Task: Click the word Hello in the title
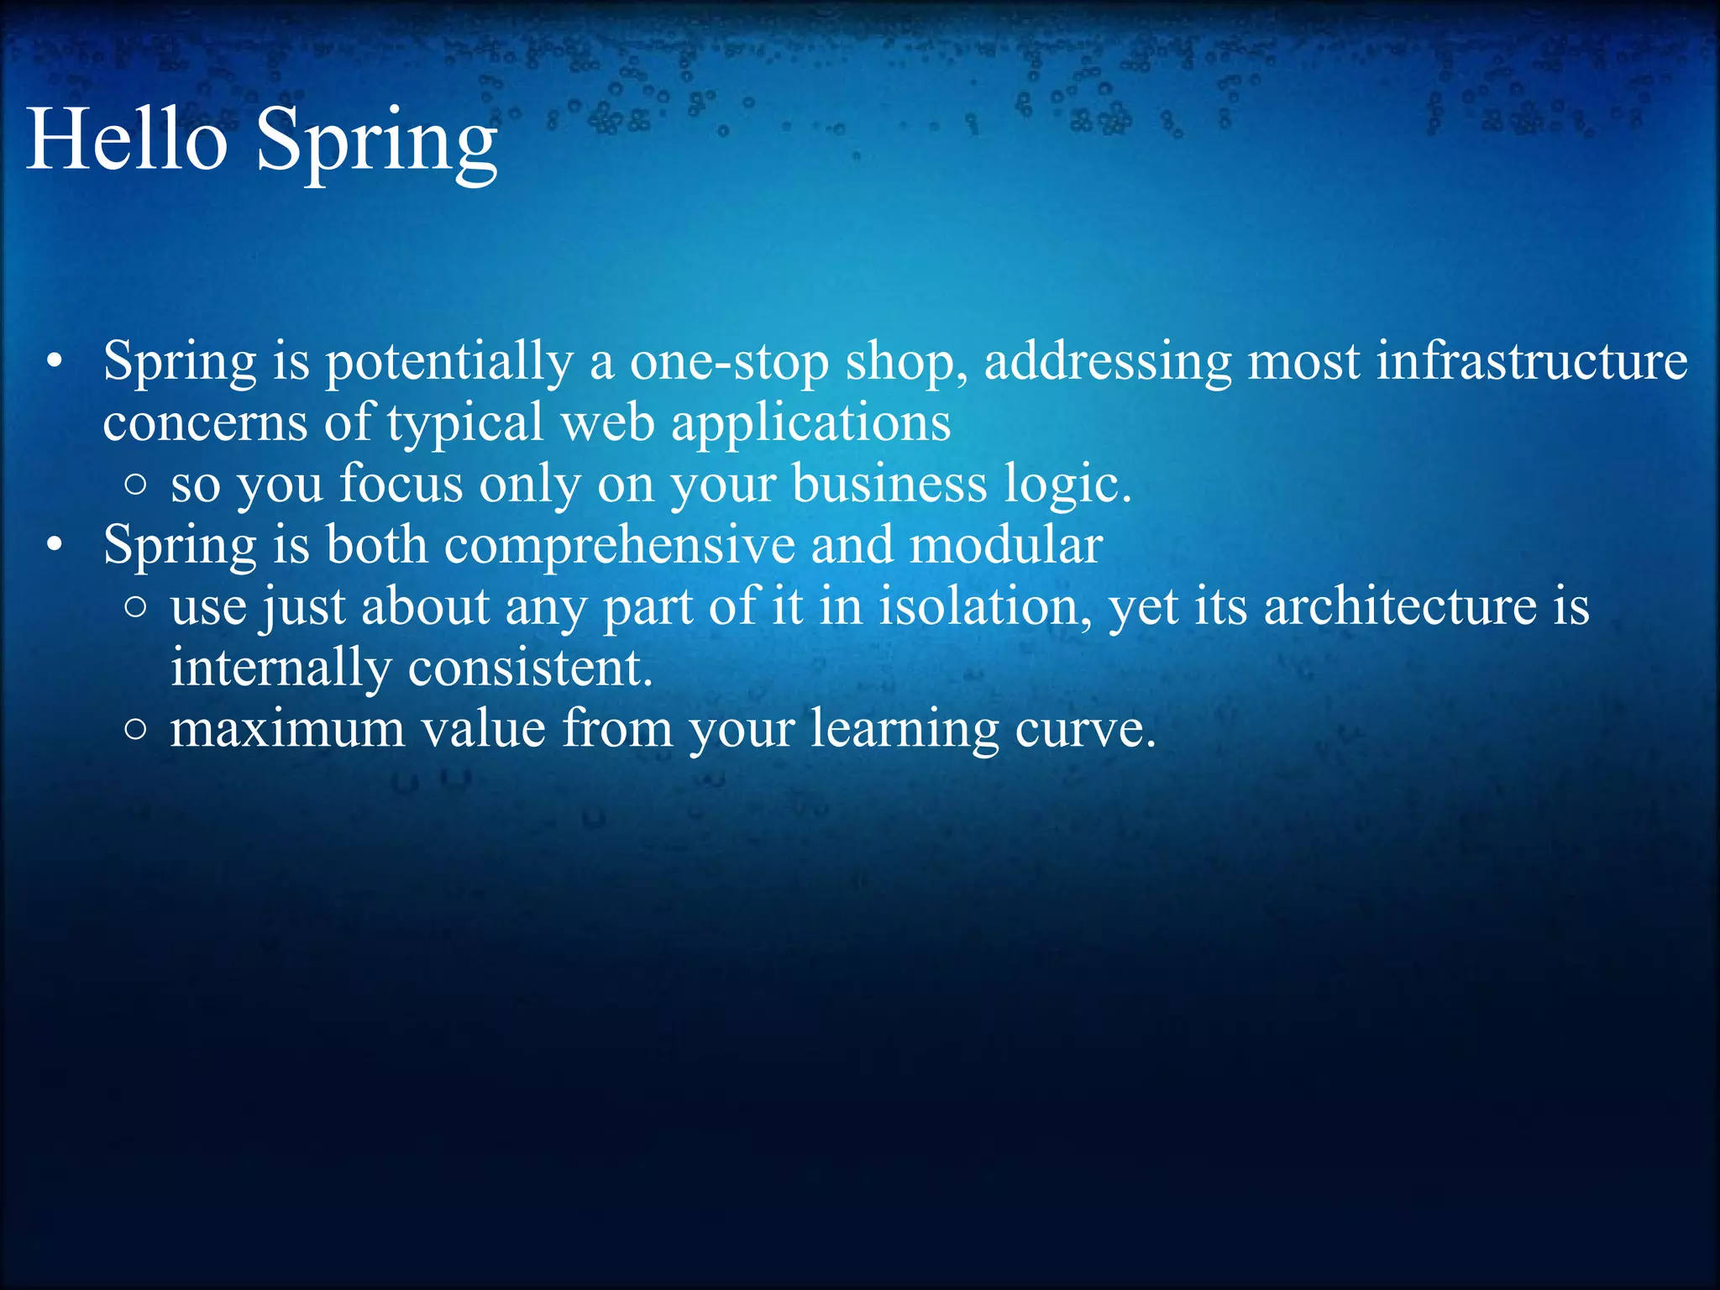127,139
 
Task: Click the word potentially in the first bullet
448,363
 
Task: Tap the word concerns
205,423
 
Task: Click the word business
889,485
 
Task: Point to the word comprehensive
619,546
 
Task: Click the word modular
1005,545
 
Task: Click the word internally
281,669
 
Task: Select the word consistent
530,668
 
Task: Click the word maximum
287,729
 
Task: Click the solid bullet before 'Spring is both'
55,546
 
